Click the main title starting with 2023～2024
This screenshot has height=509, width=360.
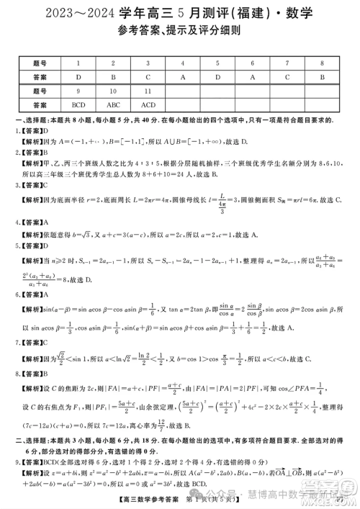[179, 12]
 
